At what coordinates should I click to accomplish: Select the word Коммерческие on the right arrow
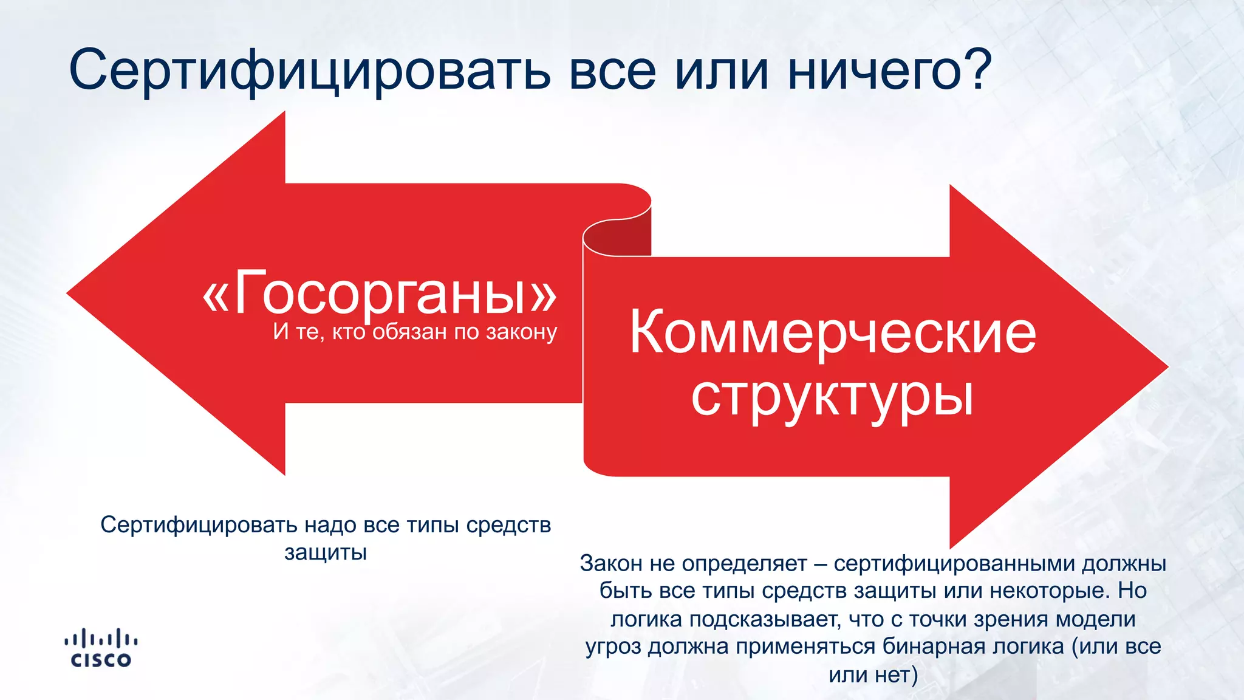click(833, 333)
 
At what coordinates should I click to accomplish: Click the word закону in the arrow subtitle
click(521, 332)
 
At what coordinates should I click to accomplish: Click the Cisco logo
click(101, 649)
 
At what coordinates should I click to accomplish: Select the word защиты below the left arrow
click(326, 552)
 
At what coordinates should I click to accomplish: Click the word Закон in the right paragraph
click(611, 563)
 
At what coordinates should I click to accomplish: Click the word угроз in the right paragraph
click(613, 646)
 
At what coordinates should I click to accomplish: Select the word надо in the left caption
click(330, 525)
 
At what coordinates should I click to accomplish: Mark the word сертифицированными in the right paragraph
click(954, 563)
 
